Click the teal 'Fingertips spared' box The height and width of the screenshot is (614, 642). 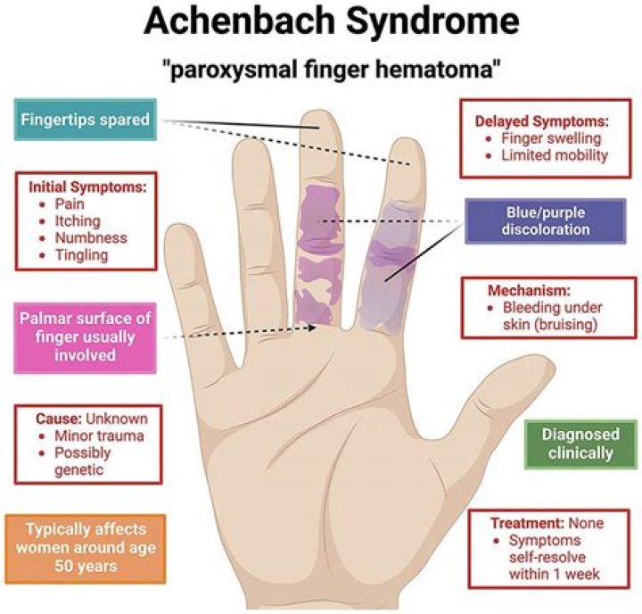84,119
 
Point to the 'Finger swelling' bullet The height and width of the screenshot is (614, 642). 552,138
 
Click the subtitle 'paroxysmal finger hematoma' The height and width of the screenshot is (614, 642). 321,71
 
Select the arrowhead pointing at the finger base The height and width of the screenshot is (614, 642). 316,327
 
